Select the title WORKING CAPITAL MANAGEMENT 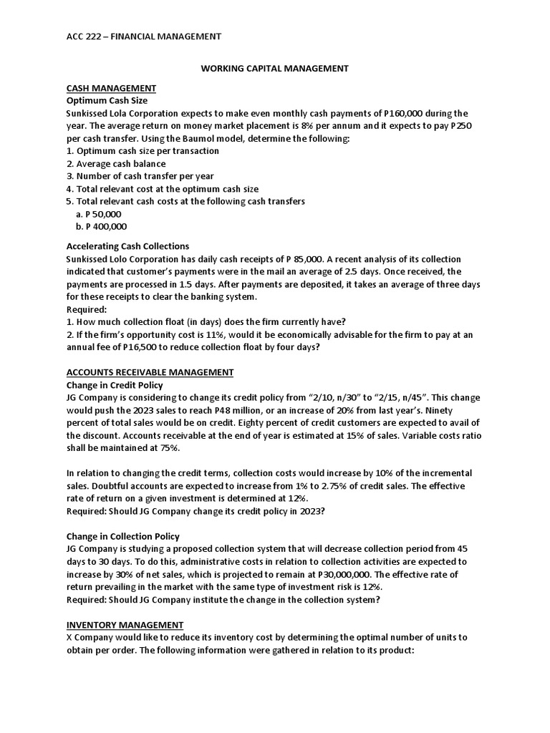274,68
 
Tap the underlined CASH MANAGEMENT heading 111,88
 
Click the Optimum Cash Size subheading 107,100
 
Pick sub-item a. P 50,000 98,214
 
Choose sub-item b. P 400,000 100,226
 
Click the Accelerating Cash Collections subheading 127,246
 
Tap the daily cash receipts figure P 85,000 299,259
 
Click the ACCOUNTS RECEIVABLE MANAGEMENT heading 150,372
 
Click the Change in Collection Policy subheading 122,536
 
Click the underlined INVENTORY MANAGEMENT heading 125,625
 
